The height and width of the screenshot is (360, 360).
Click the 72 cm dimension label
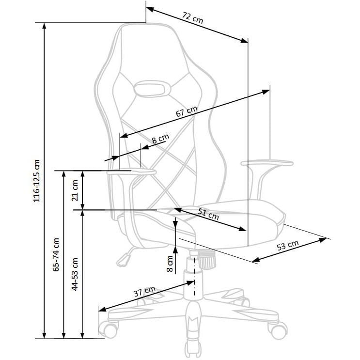point(193,18)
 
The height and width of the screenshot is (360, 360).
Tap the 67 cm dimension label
point(187,111)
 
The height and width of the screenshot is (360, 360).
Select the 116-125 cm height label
point(37,181)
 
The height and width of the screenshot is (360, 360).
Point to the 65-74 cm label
point(56,255)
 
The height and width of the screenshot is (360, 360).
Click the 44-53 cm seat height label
point(75,274)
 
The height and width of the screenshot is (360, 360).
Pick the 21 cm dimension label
point(75,190)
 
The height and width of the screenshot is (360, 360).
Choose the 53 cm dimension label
point(288,246)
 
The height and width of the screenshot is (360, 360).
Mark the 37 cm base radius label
point(145,291)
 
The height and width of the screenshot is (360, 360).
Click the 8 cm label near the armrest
point(160,139)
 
